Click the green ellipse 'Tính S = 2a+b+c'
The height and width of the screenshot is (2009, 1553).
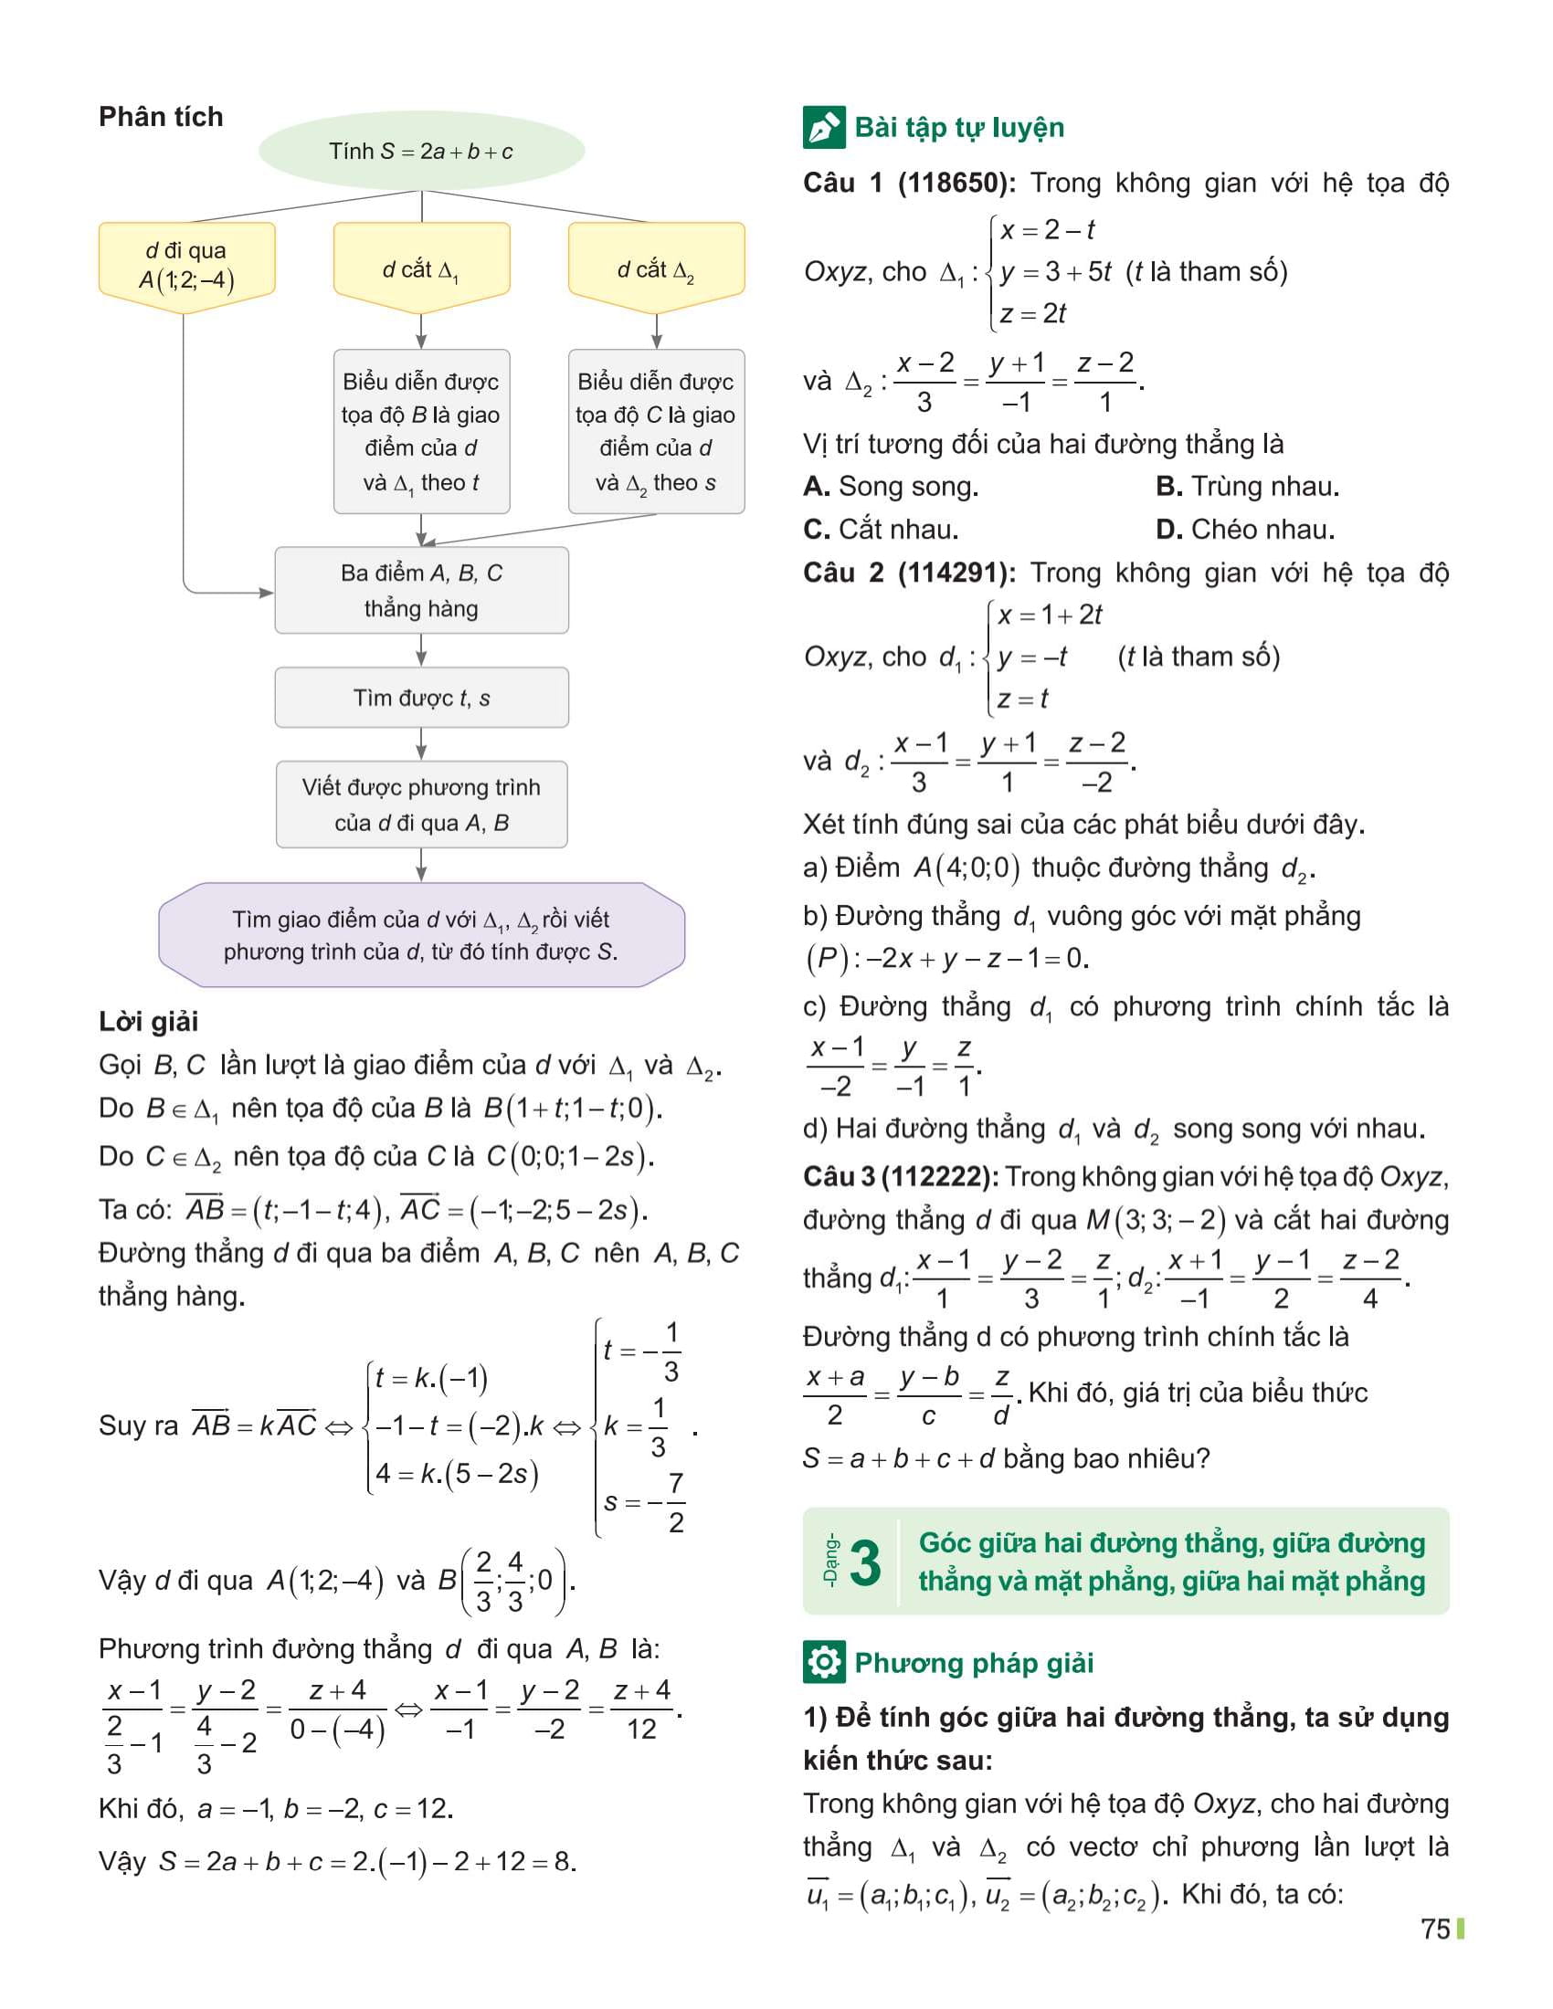(421, 152)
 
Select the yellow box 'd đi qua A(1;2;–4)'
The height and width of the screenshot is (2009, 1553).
(186, 265)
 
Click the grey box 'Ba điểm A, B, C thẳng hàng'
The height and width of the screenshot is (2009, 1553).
(421, 591)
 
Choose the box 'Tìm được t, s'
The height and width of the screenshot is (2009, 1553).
(421, 699)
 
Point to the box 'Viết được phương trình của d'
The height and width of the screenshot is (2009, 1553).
(421, 805)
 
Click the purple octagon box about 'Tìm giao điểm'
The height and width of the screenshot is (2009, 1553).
(421, 934)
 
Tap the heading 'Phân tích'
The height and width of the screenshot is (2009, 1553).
(161, 117)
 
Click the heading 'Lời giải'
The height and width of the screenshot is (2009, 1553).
(148, 1021)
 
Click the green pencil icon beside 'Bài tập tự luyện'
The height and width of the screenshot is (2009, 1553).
(823, 128)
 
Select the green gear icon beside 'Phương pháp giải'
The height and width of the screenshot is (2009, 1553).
(823, 1663)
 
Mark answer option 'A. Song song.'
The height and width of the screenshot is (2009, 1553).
(891, 487)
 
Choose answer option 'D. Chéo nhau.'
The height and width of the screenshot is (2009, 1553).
(1245, 530)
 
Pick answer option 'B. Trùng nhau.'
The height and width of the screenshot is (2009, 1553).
(1247, 487)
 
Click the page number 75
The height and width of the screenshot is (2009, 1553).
(1435, 1929)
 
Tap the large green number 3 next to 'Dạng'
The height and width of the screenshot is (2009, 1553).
(864, 1562)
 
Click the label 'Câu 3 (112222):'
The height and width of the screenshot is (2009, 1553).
(901, 1176)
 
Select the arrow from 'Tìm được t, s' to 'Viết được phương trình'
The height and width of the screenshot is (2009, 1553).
(421, 743)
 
